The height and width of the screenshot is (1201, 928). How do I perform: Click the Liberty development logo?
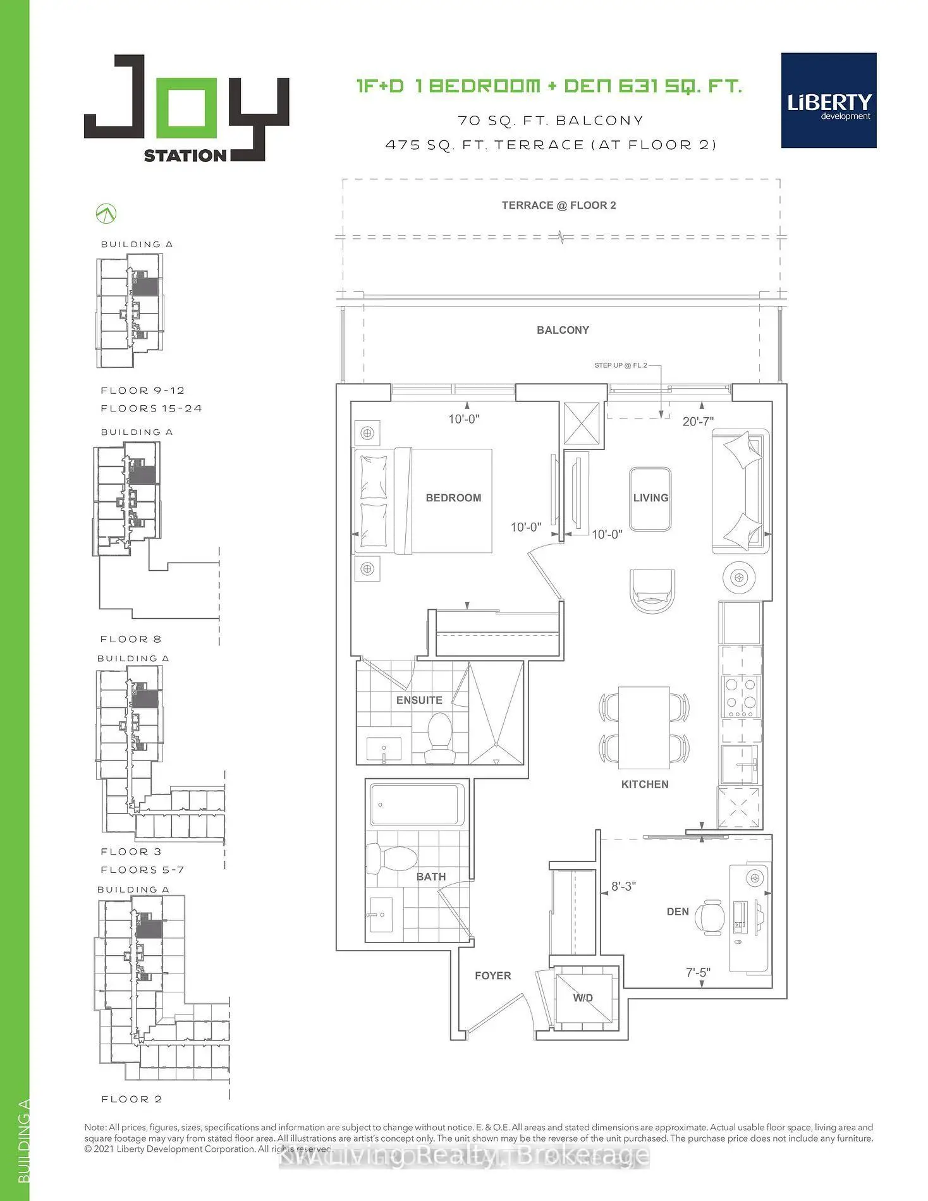pos(829,101)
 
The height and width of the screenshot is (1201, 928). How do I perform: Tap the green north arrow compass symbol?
pos(106,214)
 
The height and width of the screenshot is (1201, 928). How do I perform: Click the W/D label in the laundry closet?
pos(583,997)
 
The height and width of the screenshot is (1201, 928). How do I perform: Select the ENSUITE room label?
pos(419,700)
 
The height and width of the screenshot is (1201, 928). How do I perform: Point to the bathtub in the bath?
pos(417,804)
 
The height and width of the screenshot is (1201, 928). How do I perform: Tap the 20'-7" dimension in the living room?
pos(698,421)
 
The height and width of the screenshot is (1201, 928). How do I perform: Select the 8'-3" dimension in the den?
pos(623,886)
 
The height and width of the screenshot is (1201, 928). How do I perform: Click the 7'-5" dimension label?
pos(698,972)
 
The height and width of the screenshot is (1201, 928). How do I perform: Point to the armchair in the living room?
pos(652,590)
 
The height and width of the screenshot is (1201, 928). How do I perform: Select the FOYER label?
pos(492,975)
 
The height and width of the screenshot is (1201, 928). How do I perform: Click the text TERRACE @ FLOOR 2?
pos(559,205)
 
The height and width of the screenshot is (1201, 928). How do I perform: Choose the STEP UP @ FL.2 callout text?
pos(620,365)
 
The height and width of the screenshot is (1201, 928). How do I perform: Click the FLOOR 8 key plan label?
pos(131,639)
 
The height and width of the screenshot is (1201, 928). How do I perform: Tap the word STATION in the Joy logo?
pos(185,155)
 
